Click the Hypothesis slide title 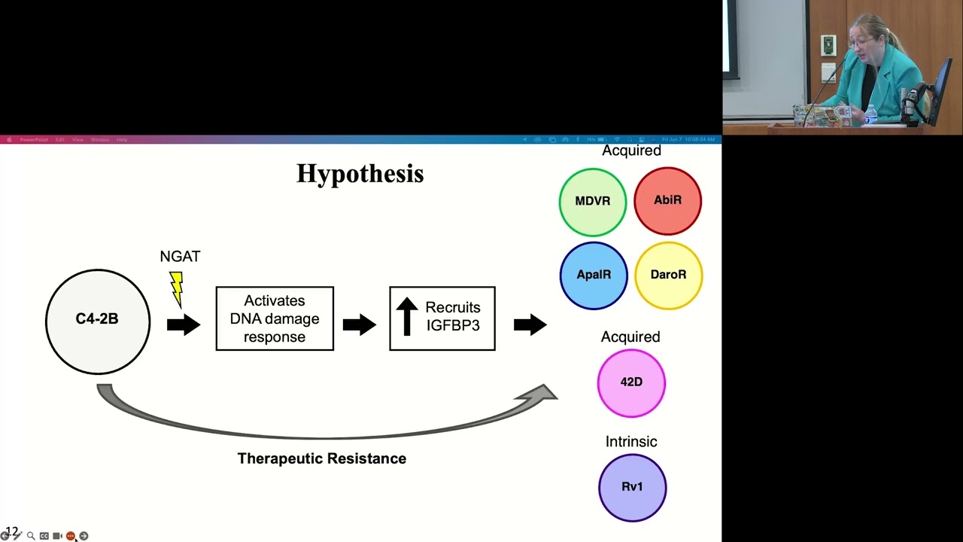360,174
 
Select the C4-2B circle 98,321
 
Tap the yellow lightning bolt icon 176,288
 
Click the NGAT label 180,257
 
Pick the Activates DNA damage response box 275,318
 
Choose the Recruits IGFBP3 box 442,318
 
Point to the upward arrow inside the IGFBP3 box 407,316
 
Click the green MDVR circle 593,202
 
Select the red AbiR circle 667,201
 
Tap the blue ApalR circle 594,275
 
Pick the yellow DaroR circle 668,275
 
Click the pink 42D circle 631,382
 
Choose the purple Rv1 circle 632,487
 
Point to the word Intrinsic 631,442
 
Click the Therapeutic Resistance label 322,458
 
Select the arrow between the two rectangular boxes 359,324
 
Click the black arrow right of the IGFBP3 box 530,324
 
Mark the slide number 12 11,532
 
